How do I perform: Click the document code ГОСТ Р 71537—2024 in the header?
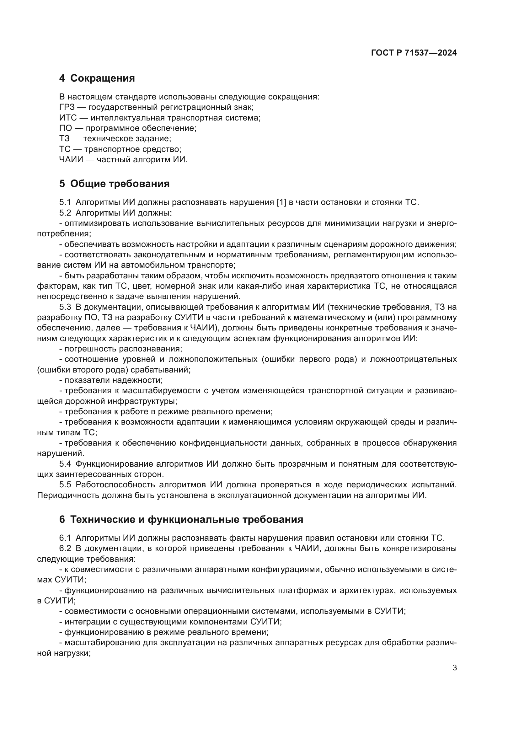click(x=414, y=53)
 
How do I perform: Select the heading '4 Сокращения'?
click(x=97, y=78)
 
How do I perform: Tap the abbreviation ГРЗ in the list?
click(x=67, y=107)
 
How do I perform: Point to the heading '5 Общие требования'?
click(x=114, y=184)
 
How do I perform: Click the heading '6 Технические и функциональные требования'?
click(x=181, y=519)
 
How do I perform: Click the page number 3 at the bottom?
click(x=454, y=668)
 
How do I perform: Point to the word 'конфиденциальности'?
click(x=220, y=443)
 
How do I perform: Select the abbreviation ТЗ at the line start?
click(x=65, y=139)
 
